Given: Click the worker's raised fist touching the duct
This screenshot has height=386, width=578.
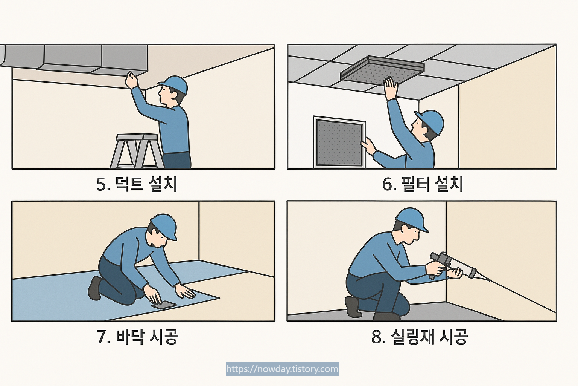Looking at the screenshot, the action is coord(132,80).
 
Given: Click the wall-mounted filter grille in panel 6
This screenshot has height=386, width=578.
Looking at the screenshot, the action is coord(339,142).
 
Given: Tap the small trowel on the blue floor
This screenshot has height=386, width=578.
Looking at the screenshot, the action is coord(164,305).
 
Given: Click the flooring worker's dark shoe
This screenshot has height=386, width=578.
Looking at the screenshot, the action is coord(95,288).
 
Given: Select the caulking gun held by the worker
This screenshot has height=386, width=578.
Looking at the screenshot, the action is coord(454,266).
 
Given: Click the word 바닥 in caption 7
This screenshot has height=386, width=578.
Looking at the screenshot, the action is coord(129,337).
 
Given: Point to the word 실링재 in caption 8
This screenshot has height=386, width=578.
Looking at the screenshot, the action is coord(412,337).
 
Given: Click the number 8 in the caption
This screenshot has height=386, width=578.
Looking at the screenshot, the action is coord(377,337).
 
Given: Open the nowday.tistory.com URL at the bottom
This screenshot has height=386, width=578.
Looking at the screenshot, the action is coord(282,369).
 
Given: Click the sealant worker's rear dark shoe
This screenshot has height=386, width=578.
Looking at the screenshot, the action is coord(353,307).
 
